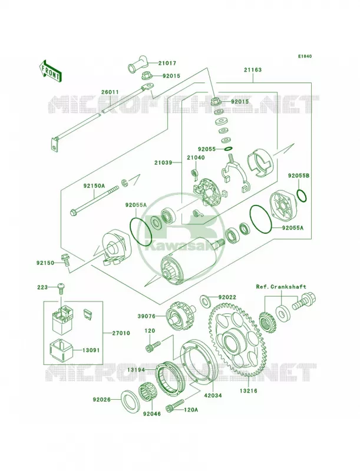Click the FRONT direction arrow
pyautogui.click(x=50, y=71)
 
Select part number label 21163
pyautogui.click(x=253, y=70)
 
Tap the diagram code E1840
pyautogui.click(x=305, y=56)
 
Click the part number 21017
pyautogui.click(x=167, y=64)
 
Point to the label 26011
pyautogui.click(x=110, y=92)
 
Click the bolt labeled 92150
pyautogui.click(x=65, y=260)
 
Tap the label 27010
pyautogui.click(x=121, y=333)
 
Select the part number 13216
pyautogui.click(x=248, y=391)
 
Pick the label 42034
pyautogui.click(x=213, y=395)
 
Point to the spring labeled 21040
pyautogui.click(x=194, y=173)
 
